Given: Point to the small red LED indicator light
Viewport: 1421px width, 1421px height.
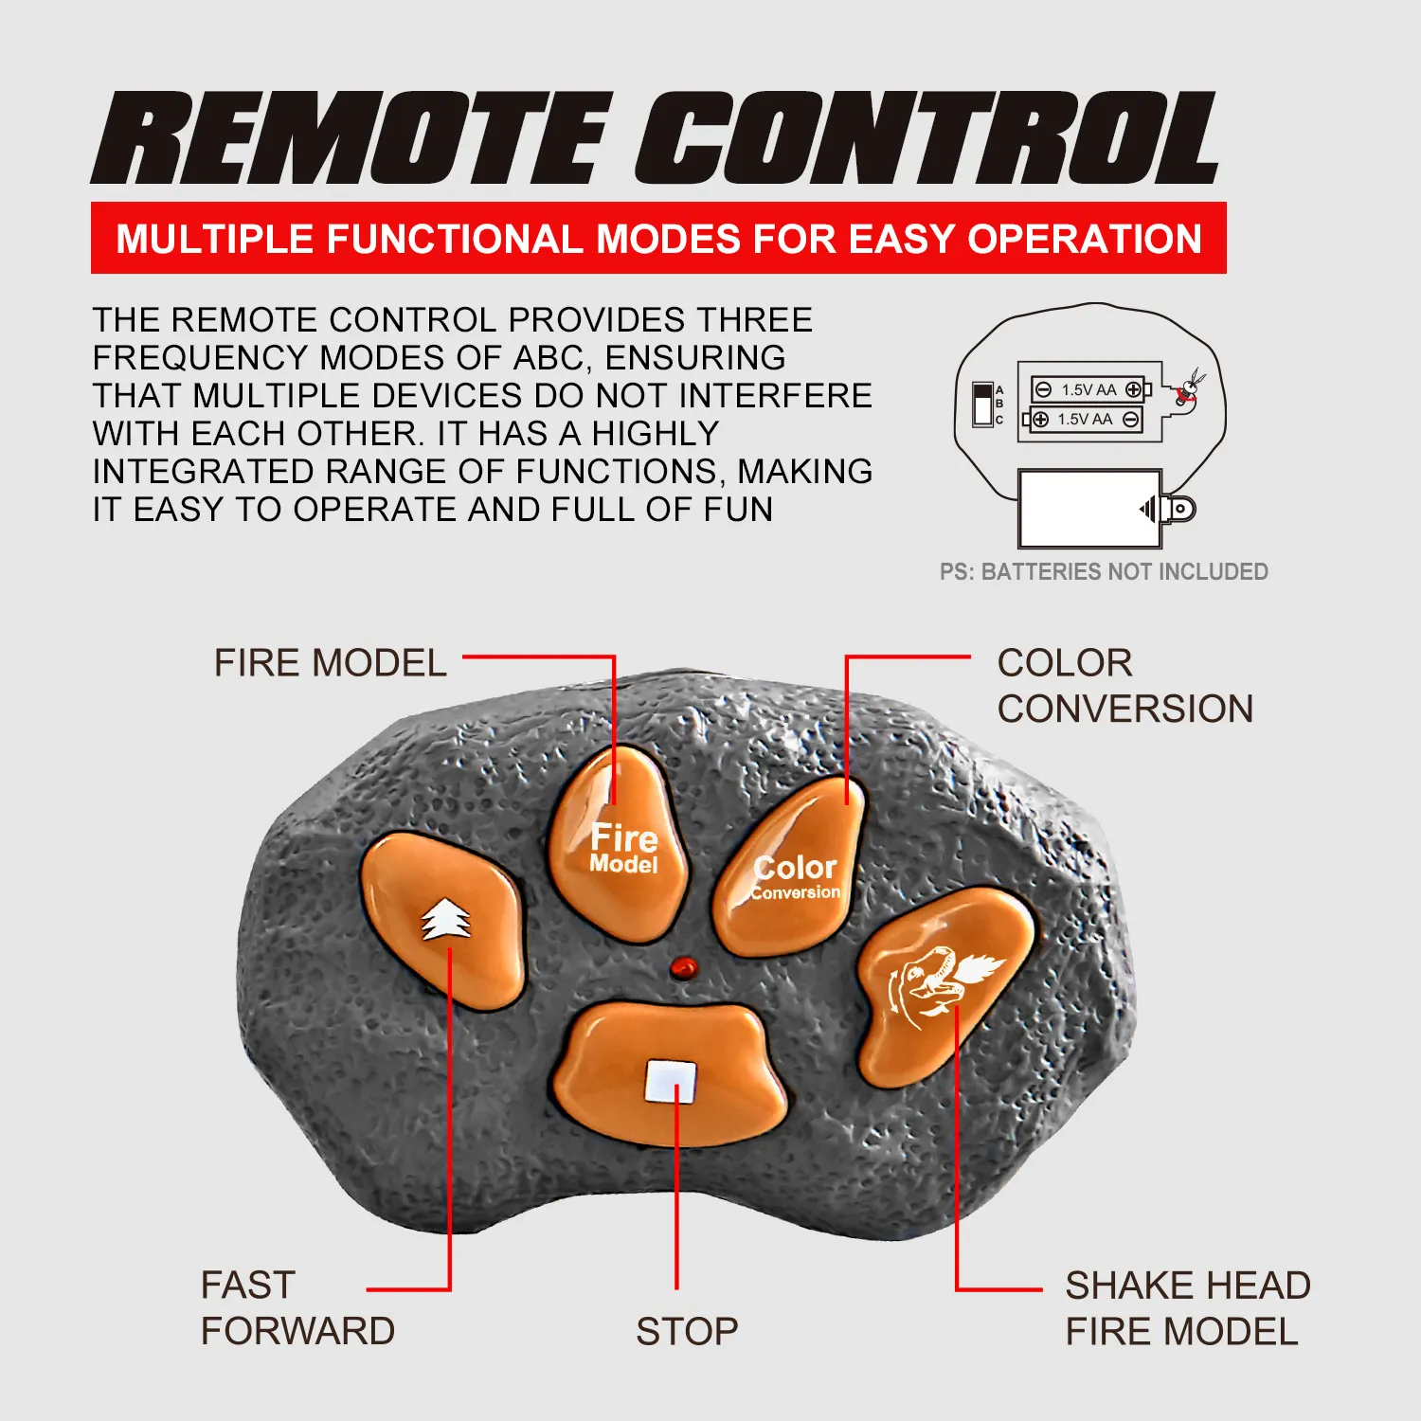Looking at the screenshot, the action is [x=683, y=967].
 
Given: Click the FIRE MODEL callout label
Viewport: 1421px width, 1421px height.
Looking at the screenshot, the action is [x=330, y=663].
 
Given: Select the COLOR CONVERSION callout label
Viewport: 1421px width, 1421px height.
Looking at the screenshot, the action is [x=1124, y=686].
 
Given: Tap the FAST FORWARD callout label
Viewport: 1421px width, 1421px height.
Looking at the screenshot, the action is [x=297, y=1308].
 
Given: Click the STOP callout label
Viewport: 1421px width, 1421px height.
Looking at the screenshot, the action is [x=687, y=1332].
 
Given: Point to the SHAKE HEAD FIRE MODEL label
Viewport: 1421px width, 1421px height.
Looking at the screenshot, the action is [x=1188, y=1308].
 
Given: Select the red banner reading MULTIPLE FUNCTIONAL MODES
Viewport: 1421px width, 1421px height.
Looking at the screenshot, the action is [x=658, y=238].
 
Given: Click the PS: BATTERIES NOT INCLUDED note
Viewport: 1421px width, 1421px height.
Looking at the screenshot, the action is [x=1104, y=571].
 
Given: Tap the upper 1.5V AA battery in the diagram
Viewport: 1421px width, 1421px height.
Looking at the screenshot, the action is [x=1089, y=389].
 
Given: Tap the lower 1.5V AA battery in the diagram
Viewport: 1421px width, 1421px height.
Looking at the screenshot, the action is [x=1084, y=420].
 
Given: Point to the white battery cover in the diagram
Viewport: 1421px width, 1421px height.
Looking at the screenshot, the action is [x=1090, y=509].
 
